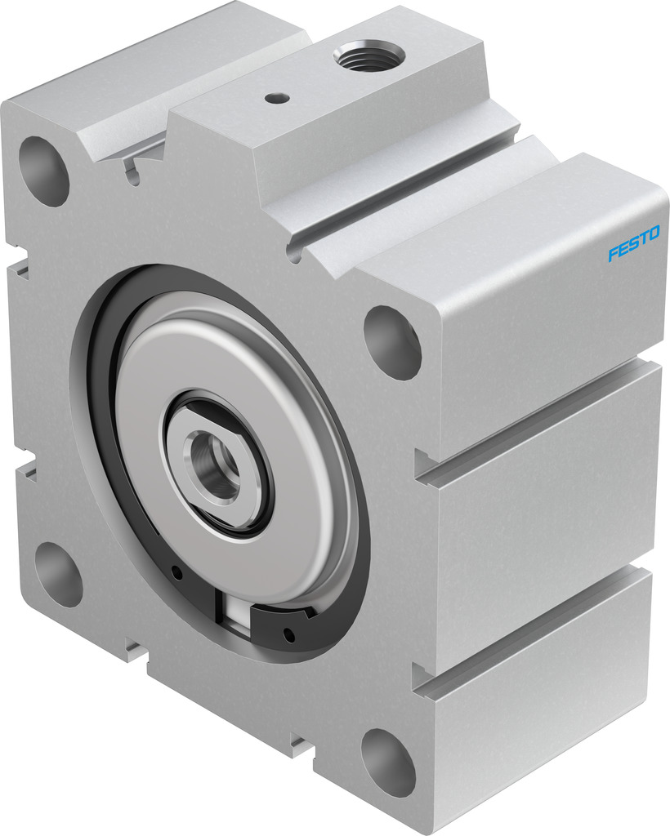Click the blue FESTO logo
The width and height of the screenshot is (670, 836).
(x=634, y=243)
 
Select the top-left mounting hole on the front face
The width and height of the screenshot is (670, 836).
(x=44, y=171)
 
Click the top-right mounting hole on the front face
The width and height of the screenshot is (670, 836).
(x=392, y=342)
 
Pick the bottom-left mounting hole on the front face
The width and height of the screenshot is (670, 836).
(x=58, y=575)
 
